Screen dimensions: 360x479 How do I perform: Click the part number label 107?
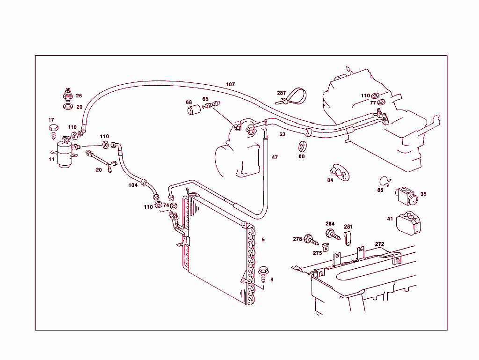pyautogui.click(x=230, y=85)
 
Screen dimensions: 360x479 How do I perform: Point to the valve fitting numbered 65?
pyautogui.click(x=211, y=105)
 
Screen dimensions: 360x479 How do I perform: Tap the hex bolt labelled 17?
pyautogui.click(x=54, y=130)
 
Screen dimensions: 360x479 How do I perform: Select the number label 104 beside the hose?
pyautogui.click(x=133, y=185)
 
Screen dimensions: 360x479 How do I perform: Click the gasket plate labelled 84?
pyautogui.click(x=339, y=171)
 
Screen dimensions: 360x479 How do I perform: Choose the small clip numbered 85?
pyautogui.click(x=385, y=181)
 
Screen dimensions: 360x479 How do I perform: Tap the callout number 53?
pyautogui.click(x=282, y=134)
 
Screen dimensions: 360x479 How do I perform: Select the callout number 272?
pyautogui.click(x=379, y=244)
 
